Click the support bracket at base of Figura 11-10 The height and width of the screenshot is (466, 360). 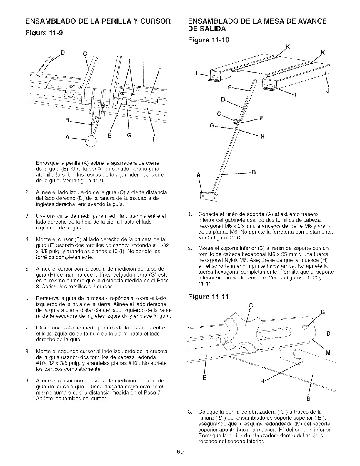[209, 195]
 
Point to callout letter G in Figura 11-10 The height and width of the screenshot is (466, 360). [211, 126]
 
